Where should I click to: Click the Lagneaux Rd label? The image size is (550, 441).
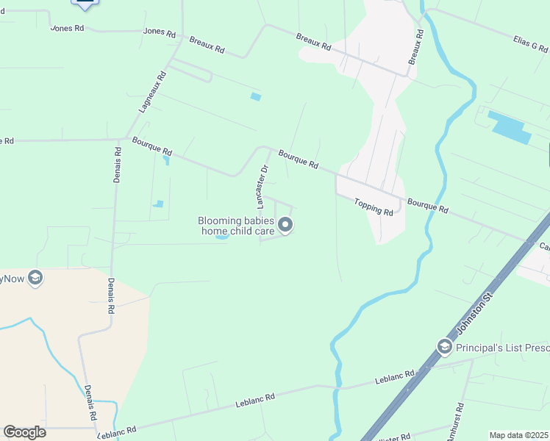(x=151, y=90)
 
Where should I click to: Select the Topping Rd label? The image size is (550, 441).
(x=374, y=207)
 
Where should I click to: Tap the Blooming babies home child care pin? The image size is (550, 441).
(x=285, y=226)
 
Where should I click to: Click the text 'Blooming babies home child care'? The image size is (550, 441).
(x=235, y=226)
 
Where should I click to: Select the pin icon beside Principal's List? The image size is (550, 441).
(x=444, y=345)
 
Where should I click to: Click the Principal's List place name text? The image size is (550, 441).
(x=502, y=347)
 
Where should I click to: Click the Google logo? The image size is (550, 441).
(x=24, y=432)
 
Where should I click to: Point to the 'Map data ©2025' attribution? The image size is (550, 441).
(x=518, y=435)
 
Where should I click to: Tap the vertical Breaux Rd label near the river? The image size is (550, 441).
(x=415, y=46)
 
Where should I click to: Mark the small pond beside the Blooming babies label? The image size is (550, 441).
(x=221, y=236)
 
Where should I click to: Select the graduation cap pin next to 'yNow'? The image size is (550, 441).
(x=35, y=279)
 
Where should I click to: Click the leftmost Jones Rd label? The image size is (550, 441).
(x=68, y=28)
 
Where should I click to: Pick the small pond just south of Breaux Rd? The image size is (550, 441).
(x=255, y=96)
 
